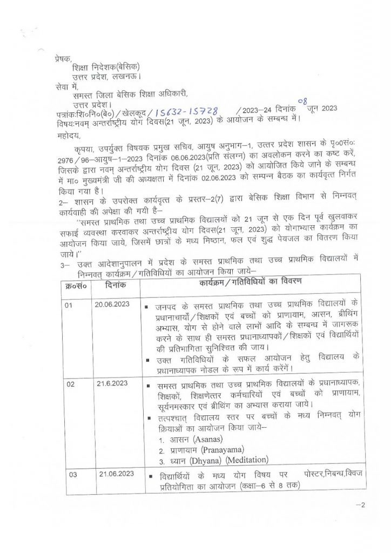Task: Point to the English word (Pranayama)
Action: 220,449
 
